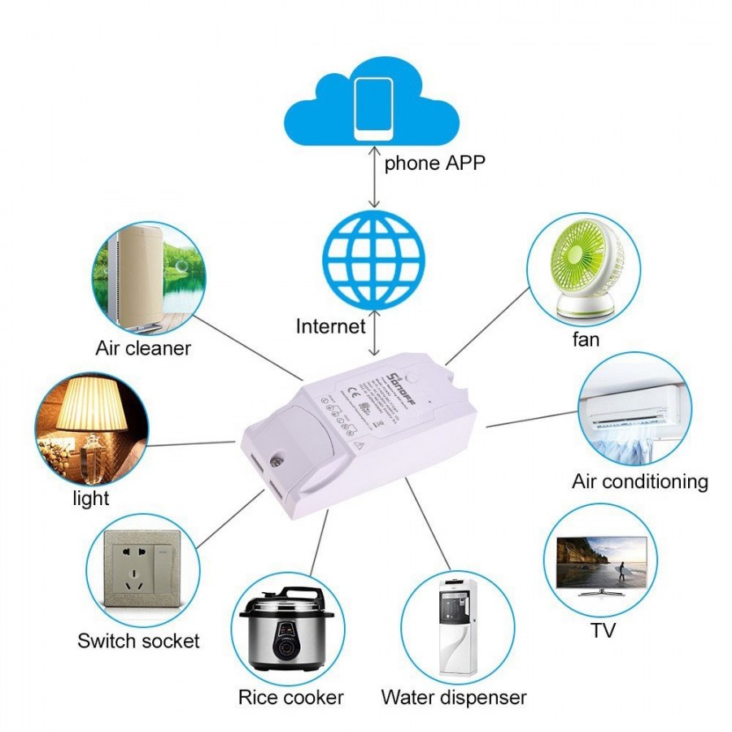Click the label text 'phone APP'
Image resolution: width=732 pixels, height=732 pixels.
434,163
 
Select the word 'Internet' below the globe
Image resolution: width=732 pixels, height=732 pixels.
330,327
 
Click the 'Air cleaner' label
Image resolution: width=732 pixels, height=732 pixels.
143,349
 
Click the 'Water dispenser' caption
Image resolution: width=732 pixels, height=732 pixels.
454,697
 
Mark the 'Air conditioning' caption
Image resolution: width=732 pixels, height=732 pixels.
639,481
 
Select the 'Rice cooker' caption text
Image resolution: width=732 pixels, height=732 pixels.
290,697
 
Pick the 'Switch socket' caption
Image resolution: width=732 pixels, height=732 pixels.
138,641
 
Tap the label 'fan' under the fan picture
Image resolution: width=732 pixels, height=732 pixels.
585,339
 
